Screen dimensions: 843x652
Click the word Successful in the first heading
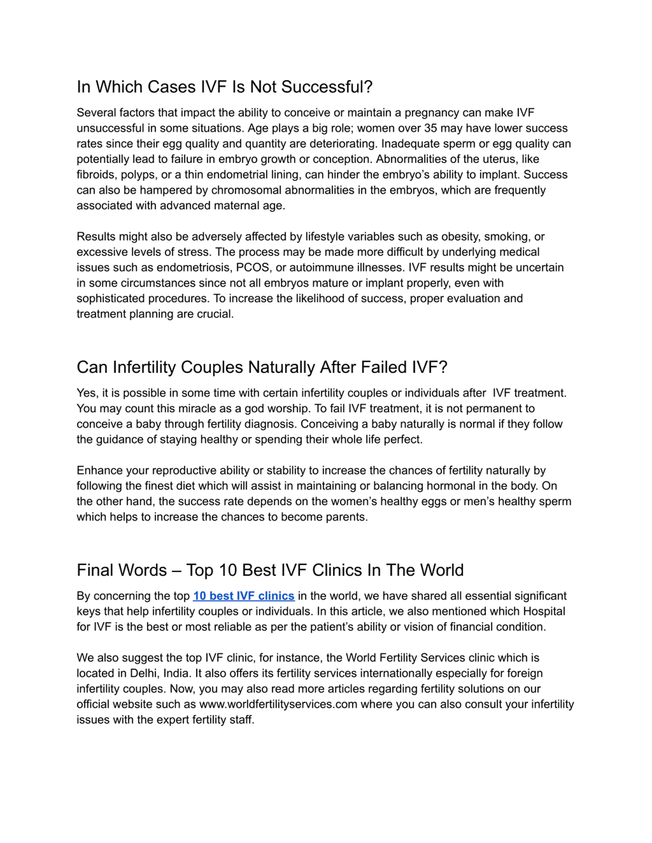point(327,87)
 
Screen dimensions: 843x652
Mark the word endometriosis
point(192,267)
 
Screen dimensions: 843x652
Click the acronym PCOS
point(252,267)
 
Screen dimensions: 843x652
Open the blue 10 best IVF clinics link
point(244,596)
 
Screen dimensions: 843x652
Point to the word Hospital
point(544,611)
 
